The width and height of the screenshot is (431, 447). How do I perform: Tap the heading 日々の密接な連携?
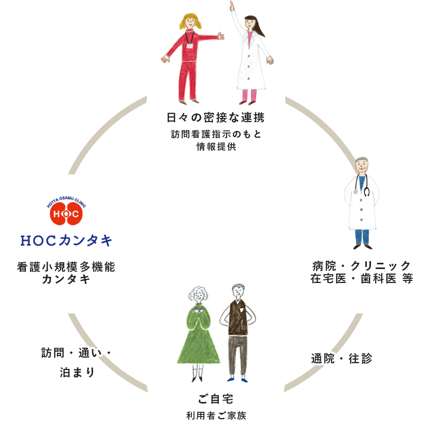(x=216, y=117)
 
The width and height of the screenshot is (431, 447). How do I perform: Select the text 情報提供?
(x=216, y=146)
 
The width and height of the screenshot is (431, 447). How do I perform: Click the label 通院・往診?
(x=341, y=358)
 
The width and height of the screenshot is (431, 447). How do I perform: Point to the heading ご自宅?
(x=216, y=399)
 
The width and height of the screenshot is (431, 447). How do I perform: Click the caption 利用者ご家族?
(x=216, y=415)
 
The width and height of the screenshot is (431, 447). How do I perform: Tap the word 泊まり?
(x=77, y=372)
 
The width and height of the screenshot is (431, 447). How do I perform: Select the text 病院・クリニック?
(x=362, y=265)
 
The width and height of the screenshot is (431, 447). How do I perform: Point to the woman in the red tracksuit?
(x=189, y=57)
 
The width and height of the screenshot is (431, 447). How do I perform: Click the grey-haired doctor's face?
(x=363, y=167)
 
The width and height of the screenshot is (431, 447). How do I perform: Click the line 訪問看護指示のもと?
(x=216, y=134)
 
